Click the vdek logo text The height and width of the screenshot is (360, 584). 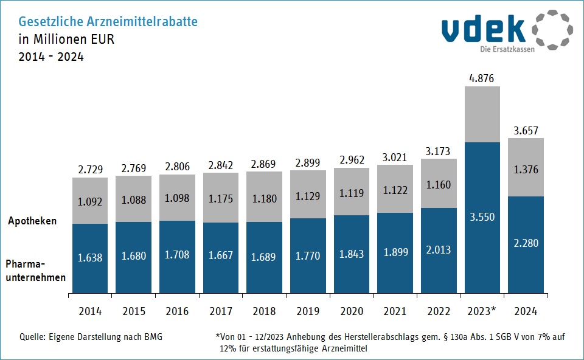pyautogui.click(x=484, y=29)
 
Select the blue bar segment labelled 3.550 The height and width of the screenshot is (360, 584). pyautogui.click(x=482, y=217)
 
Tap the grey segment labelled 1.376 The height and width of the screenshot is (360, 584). pyautogui.click(x=526, y=170)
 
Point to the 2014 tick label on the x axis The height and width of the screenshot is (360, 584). pyautogui.click(x=90, y=311)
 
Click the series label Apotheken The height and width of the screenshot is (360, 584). pyautogui.click(x=32, y=221)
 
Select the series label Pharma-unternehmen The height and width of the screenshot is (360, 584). pyautogui.click(x=35, y=270)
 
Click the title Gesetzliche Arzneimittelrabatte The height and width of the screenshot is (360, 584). pyautogui.click(x=108, y=22)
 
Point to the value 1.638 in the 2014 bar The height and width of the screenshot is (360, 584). pyautogui.click(x=90, y=257)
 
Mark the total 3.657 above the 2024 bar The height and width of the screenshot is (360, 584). pyautogui.click(x=526, y=130)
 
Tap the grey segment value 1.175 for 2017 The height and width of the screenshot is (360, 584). pyautogui.click(x=221, y=198)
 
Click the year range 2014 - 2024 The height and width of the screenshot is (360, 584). pyautogui.click(x=52, y=57)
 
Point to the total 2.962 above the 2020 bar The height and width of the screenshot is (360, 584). pyautogui.click(x=352, y=161)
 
